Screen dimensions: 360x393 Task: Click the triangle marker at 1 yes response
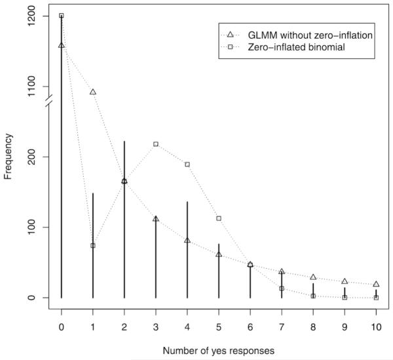pyautogui.click(x=93, y=92)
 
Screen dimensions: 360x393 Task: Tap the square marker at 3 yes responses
pyautogui.click(x=156, y=144)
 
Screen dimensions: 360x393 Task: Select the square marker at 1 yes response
pyautogui.click(x=93, y=246)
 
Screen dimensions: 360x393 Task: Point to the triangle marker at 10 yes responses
pyautogui.click(x=376, y=284)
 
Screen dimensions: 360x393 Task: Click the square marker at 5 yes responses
pyautogui.click(x=219, y=218)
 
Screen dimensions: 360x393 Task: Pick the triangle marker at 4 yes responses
pyautogui.click(x=187, y=240)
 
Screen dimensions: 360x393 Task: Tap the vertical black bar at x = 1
pyautogui.click(x=93, y=262)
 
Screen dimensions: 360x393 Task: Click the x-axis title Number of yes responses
pyautogui.click(x=219, y=351)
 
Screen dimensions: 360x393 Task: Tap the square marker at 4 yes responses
pyautogui.click(x=187, y=165)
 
